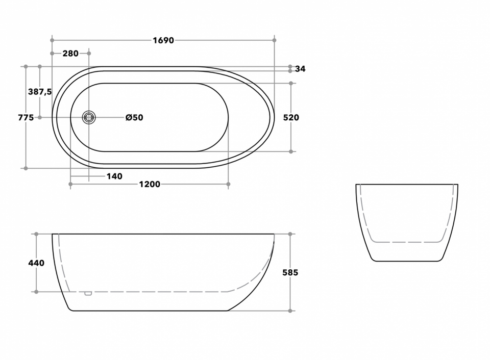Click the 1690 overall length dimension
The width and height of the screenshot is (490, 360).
tap(163, 40)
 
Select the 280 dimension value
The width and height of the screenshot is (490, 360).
tap(70, 54)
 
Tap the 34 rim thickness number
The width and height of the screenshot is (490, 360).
tap(300, 69)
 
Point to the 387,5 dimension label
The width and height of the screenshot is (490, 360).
tap(40, 92)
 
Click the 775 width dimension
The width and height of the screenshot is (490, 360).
tap(26, 117)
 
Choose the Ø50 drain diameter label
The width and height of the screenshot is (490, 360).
tap(134, 117)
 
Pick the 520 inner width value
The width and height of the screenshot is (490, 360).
tap(291, 117)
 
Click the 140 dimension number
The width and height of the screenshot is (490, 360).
tap(114, 176)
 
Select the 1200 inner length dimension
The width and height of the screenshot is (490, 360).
tap(150, 184)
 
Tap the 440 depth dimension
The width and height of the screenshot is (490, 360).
tap(36, 263)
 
